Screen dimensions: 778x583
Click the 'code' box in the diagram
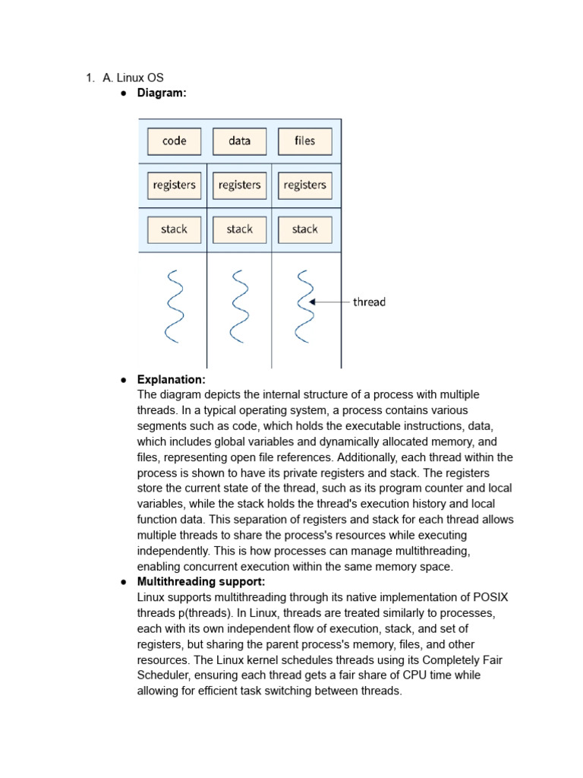coord(174,141)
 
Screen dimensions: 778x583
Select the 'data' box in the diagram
coord(239,141)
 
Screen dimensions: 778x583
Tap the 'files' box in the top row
coord(304,141)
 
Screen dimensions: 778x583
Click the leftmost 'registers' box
coord(174,185)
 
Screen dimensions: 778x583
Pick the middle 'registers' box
coord(239,185)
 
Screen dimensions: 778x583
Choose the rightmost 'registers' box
coord(304,185)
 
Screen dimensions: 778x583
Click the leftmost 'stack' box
coord(174,229)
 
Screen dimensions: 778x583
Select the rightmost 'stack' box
coord(304,229)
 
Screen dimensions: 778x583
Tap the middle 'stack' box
coord(239,229)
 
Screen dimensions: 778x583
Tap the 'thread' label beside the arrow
coord(369,302)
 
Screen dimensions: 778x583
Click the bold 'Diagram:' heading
coord(161,93)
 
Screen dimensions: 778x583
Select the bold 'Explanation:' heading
coord(171,379)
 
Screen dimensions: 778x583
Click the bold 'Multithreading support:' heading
coord(201,581)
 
